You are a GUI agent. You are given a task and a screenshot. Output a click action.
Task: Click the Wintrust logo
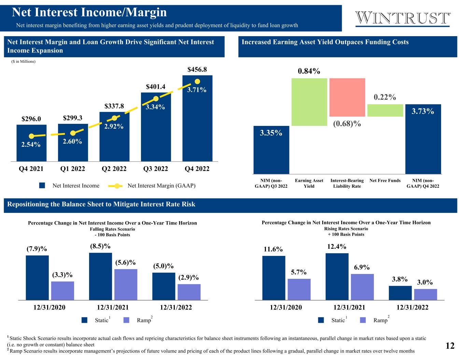coord(403,18)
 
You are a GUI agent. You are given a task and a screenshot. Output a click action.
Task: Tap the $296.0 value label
coord(31,119)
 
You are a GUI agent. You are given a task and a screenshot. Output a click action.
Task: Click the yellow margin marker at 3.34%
coord(156,99)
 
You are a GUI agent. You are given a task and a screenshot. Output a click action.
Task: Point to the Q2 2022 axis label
coord(114,169)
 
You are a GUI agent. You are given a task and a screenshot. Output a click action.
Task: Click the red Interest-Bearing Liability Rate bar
coord(347,97)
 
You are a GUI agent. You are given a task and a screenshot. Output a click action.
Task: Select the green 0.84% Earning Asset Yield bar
coord(309,102)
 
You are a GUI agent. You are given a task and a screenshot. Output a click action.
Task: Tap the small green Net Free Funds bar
coord(385,110)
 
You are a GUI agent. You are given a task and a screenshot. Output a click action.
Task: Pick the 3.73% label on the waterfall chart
coord(423,111)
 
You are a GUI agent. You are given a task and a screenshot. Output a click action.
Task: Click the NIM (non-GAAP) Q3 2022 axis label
coord(271,183)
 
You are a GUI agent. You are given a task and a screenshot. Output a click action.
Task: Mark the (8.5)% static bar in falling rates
coord(100,276)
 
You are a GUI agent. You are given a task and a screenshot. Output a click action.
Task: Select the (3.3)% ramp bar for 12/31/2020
coord(62,290)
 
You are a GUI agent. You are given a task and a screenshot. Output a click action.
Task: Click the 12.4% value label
coord(337,246)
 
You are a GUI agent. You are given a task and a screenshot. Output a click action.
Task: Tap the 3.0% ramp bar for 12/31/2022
coord(425,294)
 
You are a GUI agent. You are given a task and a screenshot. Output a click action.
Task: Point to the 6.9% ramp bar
coord(362,287)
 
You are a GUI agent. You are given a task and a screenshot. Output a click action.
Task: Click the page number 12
coord(450,346)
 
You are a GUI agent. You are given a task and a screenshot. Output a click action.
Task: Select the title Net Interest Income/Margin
coord(89,13)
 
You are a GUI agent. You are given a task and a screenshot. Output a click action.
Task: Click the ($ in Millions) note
coord(24,61)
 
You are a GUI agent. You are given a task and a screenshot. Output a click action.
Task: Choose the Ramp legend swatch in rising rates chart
coord(363,320)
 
